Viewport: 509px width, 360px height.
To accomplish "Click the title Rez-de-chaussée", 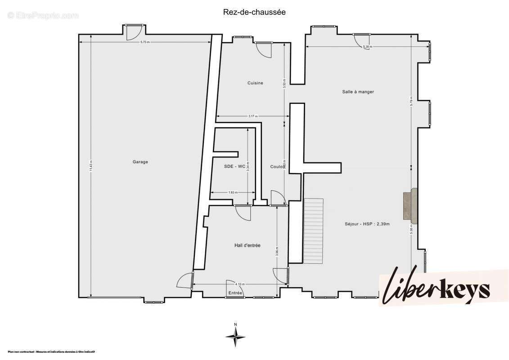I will point(254,12).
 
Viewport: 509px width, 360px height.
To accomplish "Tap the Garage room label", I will point(140,162).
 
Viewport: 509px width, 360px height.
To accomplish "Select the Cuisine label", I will point(255,83).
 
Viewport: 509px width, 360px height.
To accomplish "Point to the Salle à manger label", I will point(358,92).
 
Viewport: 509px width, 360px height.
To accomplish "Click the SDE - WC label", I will point(234,166).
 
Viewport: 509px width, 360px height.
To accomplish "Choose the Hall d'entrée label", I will point(247,245).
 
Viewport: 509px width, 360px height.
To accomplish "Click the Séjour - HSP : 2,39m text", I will point(367,224).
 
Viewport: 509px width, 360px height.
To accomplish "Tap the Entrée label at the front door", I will point(235,293).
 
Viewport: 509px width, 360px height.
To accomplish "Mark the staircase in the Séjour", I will point(314,231).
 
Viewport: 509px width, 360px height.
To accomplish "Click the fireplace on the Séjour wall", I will point(410,206).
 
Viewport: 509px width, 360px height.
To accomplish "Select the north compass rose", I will point(235,336).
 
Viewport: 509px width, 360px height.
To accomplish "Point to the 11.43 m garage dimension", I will point(91,166).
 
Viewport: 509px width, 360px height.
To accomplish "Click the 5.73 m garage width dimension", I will point(144,42).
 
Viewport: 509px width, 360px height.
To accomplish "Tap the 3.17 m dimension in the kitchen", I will point(252,117).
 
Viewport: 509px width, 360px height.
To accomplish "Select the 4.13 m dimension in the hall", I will point(240,284).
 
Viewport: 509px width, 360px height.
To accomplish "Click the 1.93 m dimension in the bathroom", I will point(232,193).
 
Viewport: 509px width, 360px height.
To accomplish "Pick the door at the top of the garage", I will point(134,31).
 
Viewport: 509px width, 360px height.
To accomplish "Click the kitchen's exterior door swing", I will point(264,49).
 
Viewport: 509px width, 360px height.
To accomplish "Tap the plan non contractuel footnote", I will point(51,352).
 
